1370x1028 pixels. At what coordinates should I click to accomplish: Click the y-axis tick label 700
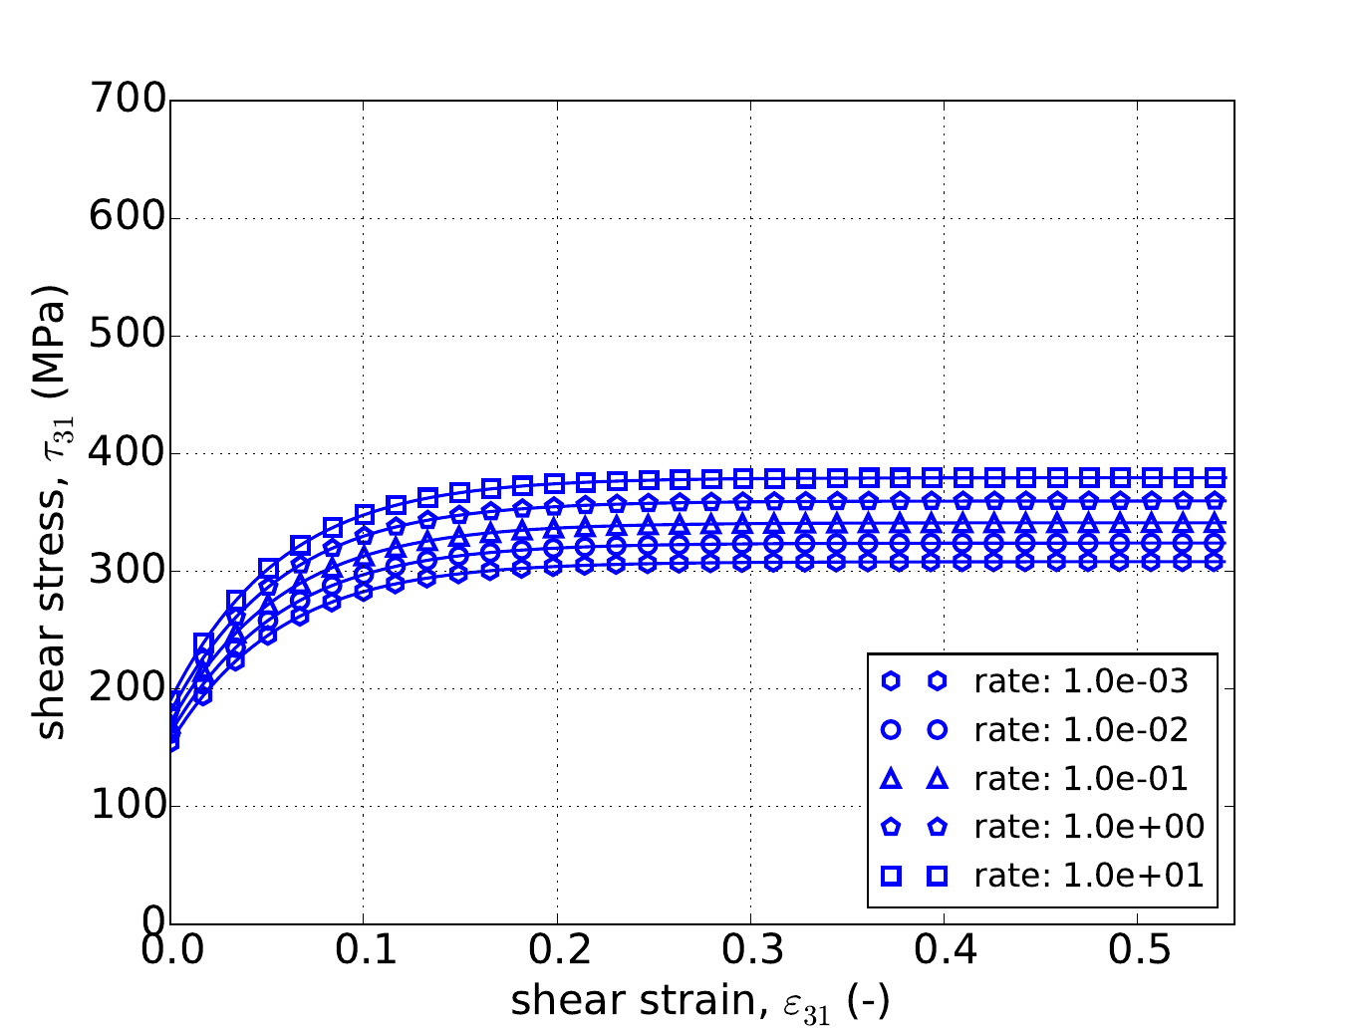click(127, 101)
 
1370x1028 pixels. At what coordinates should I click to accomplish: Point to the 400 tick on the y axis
click(127, 453)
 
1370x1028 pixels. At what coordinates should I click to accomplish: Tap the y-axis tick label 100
click(127, 806)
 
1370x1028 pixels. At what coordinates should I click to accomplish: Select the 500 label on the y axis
click(127, 336)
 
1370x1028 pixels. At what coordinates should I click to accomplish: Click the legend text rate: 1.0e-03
click(1081, 681)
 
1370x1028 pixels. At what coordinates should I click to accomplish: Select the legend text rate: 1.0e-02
click(1081, 730)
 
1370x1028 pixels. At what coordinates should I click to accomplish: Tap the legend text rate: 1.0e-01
click(1081, 778)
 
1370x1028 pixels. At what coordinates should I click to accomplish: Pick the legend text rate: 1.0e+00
click(1089, 827)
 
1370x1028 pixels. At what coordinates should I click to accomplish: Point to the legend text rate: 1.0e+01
click(1089, 876)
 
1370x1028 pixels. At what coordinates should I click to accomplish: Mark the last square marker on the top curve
click(1215, 476)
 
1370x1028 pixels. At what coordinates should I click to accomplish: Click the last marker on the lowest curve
click(1215, 561)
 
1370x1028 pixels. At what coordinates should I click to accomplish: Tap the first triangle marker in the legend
click(892, 778)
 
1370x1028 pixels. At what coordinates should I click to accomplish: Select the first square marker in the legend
click(892, 876)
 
